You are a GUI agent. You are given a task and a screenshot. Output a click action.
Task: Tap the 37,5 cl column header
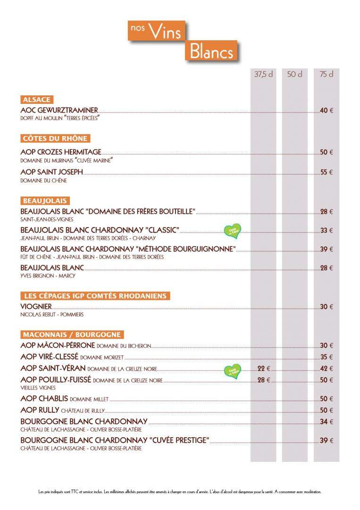pos(264,75)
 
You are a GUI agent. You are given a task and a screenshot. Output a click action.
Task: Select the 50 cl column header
pos(295,75)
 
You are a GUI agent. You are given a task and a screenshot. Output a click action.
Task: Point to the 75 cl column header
pos(327,75)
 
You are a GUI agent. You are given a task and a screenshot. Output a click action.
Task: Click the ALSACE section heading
pos(36,100)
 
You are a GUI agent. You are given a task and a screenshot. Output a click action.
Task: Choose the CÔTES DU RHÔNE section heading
pos(55,138)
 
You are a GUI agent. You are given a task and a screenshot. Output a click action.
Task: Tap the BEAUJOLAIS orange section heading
pos(45,201)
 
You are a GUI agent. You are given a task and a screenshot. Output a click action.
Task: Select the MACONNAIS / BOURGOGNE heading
pos(72,335)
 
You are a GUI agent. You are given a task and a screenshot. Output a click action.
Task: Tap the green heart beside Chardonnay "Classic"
pos(232,230)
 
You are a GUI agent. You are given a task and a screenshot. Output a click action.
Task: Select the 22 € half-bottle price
pos(264,369)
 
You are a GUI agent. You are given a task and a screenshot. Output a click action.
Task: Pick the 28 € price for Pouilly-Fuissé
pos(264,380)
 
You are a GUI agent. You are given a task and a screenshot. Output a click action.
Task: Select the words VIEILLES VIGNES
pos(38,388)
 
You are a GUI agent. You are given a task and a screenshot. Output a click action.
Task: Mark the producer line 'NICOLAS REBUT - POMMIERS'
pos(52,314)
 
